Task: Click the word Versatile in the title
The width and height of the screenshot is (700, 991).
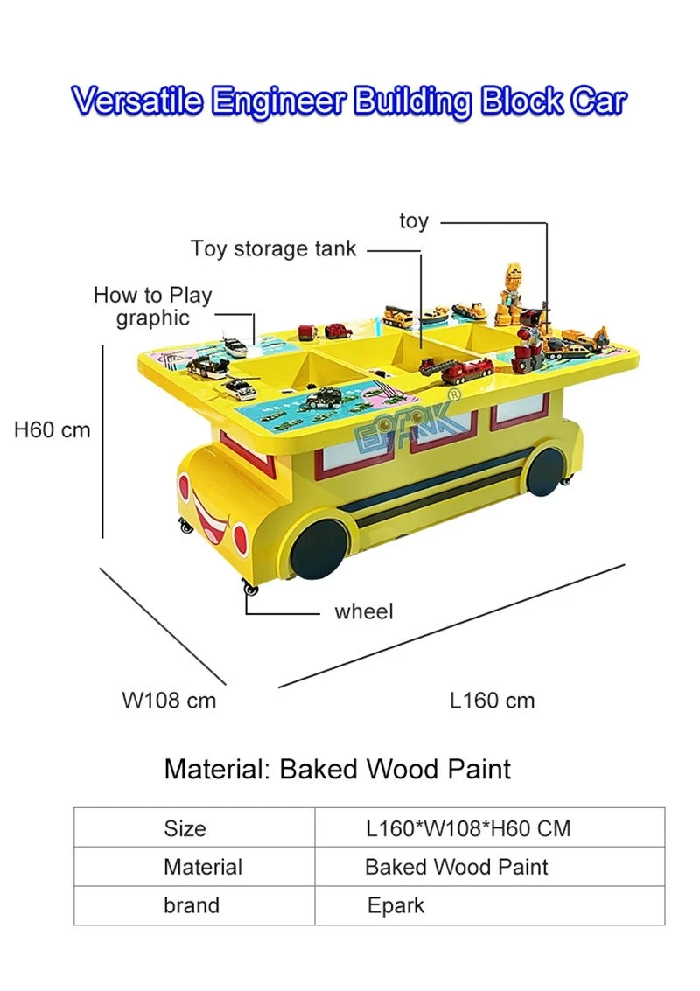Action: point(138,101)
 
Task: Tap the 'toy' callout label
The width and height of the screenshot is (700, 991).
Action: point(414,221)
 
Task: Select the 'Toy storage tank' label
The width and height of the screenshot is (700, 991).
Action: point(273,248)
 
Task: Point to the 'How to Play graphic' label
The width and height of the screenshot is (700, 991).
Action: point(152,306)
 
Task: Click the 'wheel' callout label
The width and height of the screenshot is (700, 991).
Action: point(364,611)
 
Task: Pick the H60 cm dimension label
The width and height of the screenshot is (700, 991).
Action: point(52,429)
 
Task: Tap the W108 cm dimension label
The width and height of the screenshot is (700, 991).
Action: point(169,701)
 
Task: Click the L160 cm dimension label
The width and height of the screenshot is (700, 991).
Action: point(492,701)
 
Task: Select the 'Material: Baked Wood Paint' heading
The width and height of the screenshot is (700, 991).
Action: point(337,769)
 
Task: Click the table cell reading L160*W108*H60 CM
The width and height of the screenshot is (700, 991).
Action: point(468,828)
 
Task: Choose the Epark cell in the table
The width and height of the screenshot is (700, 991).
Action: point(395,905)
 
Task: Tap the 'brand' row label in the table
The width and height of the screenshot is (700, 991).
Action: point(192,905)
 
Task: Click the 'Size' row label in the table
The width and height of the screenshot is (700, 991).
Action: point(185,828)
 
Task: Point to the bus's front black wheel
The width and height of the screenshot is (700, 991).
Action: point(320,548)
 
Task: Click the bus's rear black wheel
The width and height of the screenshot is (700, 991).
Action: point(546,471)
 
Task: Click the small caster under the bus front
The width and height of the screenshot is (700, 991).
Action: point(250,589)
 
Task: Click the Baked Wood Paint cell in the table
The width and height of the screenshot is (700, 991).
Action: point(457,867)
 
